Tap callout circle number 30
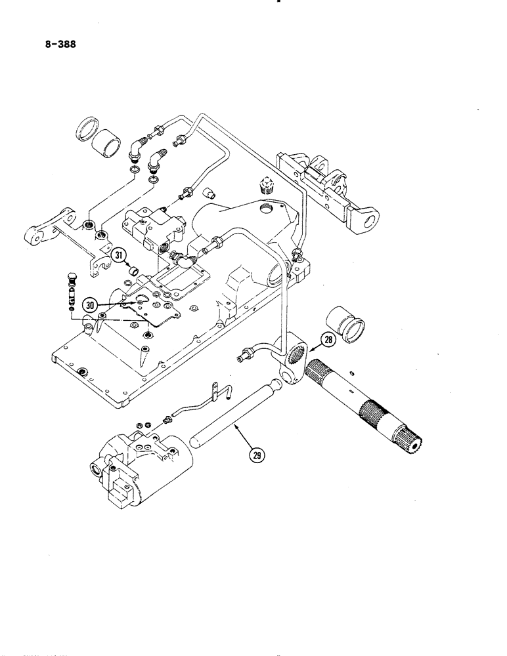click(91, 304)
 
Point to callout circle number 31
click(119, 257)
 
